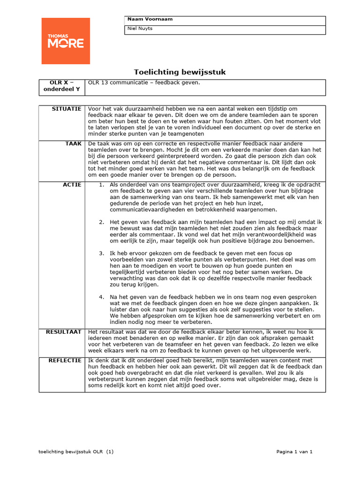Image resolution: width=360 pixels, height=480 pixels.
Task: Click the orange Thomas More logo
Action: point(66,41)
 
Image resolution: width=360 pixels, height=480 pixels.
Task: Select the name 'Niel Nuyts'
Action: point(140,29)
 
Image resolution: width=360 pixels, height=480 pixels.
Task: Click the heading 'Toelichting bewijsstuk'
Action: point(180,72)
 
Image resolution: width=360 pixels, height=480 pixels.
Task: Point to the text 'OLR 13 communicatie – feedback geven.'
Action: point(144,82)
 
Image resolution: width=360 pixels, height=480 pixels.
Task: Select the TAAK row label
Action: point(74,143)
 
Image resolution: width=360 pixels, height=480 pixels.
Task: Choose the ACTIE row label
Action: point(73,185)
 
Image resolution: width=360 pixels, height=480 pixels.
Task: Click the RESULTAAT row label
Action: point(64,332)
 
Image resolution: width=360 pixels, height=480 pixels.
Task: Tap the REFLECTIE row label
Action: point(66,360)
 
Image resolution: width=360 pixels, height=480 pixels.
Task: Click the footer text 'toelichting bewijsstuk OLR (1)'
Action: point(76,452)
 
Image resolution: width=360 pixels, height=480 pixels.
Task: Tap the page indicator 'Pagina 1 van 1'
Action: point(294,452)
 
